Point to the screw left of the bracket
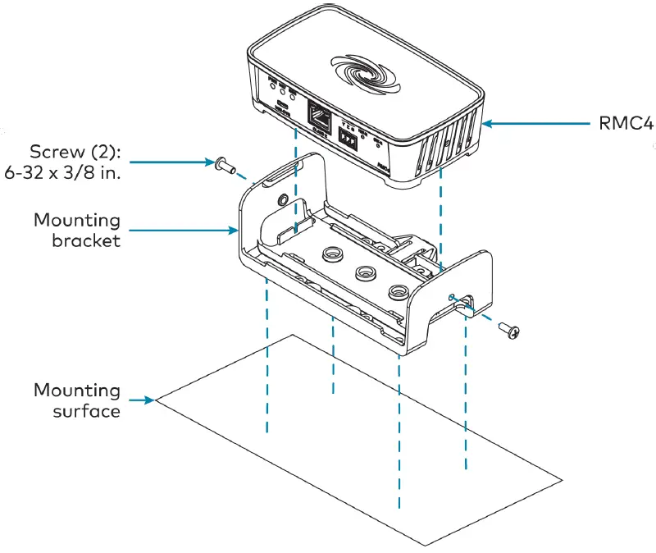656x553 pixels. (x=222, y=166)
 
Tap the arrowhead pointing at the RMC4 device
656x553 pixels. (x=489, y=124)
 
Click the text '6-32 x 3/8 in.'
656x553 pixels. (x=67, y=173)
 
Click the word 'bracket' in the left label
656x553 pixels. (x=86, y=241)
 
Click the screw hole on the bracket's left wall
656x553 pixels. (x=283, y=199)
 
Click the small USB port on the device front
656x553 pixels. (x=283, y=107)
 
